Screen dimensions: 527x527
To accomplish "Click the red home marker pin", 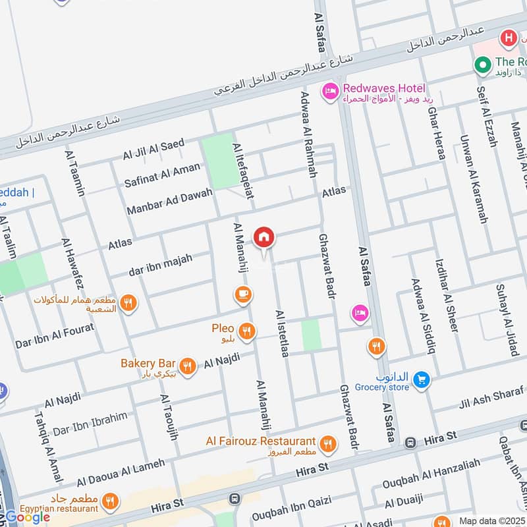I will (x=264, y=237).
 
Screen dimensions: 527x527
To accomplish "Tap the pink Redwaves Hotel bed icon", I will (x=329, y=92).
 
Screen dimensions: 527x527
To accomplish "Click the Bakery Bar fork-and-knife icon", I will (x=188, y=366).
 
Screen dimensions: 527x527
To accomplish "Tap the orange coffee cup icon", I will (x=242, y=294).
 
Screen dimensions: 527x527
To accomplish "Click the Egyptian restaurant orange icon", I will (x=111, y=501).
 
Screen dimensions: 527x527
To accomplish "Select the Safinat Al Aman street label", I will (x=162, y=175).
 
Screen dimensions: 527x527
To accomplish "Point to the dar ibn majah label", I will (x=161, y=265).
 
